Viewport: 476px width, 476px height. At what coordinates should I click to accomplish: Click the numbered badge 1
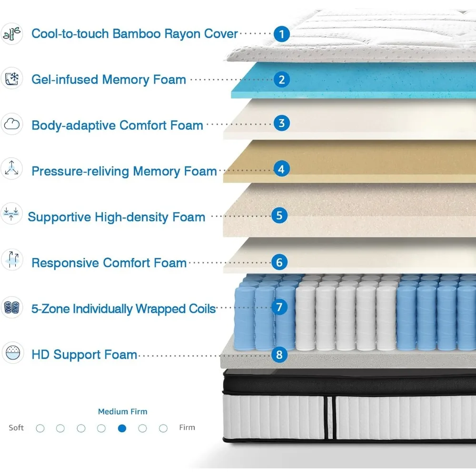click(282, 34)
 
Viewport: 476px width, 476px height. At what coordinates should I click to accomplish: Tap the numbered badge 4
click(282, 169)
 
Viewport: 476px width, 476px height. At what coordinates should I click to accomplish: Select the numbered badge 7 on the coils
click(279, 307)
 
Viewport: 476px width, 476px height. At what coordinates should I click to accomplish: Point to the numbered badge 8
click(279, 354)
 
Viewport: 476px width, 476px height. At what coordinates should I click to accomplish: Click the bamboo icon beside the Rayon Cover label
click(11, 33)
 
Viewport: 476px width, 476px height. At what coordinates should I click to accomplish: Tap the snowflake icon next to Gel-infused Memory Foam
click(11, 79)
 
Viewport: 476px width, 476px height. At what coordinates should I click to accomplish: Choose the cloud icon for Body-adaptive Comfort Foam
click(11, 125)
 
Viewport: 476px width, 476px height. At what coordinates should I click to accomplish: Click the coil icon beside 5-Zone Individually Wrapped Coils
click(11, 307)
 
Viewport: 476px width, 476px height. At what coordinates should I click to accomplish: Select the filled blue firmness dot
click(122, 428)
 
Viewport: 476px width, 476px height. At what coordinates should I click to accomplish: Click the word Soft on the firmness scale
click(16, 427)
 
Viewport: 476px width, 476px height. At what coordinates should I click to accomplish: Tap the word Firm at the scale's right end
click(187, 427)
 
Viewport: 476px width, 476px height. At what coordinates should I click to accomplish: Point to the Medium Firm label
click(122, 412)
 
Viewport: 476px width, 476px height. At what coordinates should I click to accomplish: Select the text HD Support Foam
click(84, 355)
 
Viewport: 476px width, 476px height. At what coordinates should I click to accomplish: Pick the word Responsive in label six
click(65, 263)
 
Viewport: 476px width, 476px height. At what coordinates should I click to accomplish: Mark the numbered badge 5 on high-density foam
click(279, 215)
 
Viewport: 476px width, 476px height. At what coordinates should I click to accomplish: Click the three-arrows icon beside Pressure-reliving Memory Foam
click(11, 169)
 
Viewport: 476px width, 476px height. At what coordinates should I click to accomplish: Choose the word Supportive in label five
click(59, 217)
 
